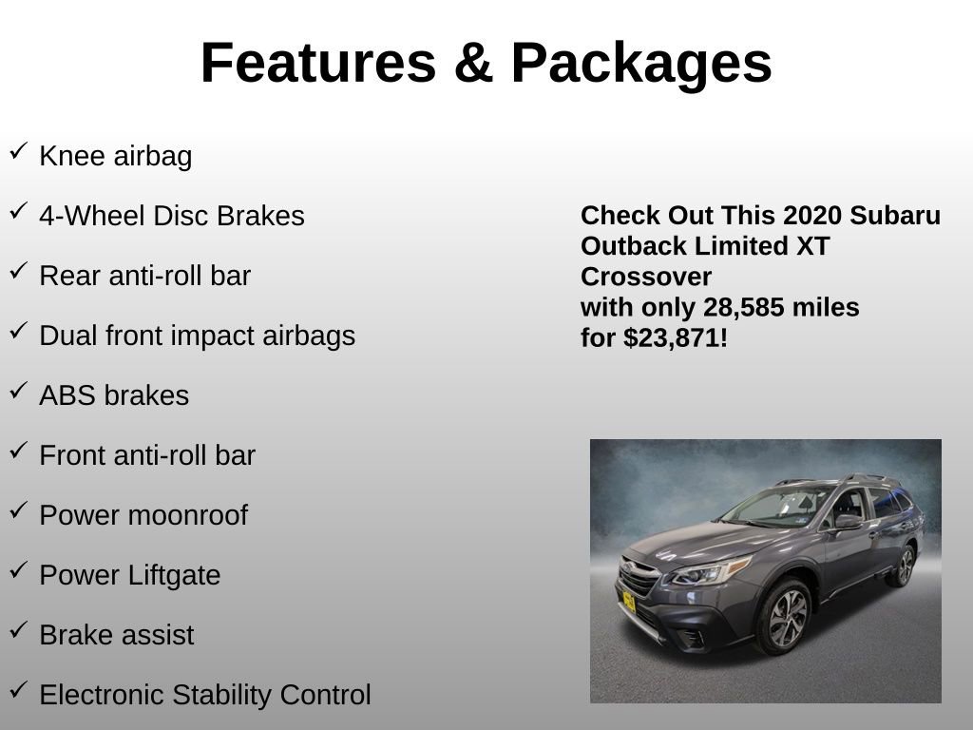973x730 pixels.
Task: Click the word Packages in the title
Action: (x=640, y=63)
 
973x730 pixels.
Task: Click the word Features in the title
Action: (x=317, y=63)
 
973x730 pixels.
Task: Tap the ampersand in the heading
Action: (x=472, y=63)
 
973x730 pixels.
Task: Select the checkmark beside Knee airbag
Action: (x=18, y=152)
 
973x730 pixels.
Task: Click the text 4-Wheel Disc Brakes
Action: (x=171, y=216)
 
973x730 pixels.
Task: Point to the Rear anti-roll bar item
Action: (x=144, y=276)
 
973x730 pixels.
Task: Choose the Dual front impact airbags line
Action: (x=197, y=336)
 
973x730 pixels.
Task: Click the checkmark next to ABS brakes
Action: (x=18, y=392)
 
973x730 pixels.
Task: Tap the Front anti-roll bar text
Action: (x=147, y=455)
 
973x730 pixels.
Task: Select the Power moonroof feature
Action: (x=143, y=515)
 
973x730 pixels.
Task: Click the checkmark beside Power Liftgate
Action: (x=18, y=571)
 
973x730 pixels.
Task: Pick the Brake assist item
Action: (x=116, y=635)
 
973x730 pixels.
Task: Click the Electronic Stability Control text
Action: (x=204, y=695)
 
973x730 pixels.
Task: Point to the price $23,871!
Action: (x=676, y=337)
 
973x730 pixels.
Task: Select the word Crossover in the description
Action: (x=646, y=277)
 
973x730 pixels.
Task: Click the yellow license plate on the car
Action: (x=628, y=602)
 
